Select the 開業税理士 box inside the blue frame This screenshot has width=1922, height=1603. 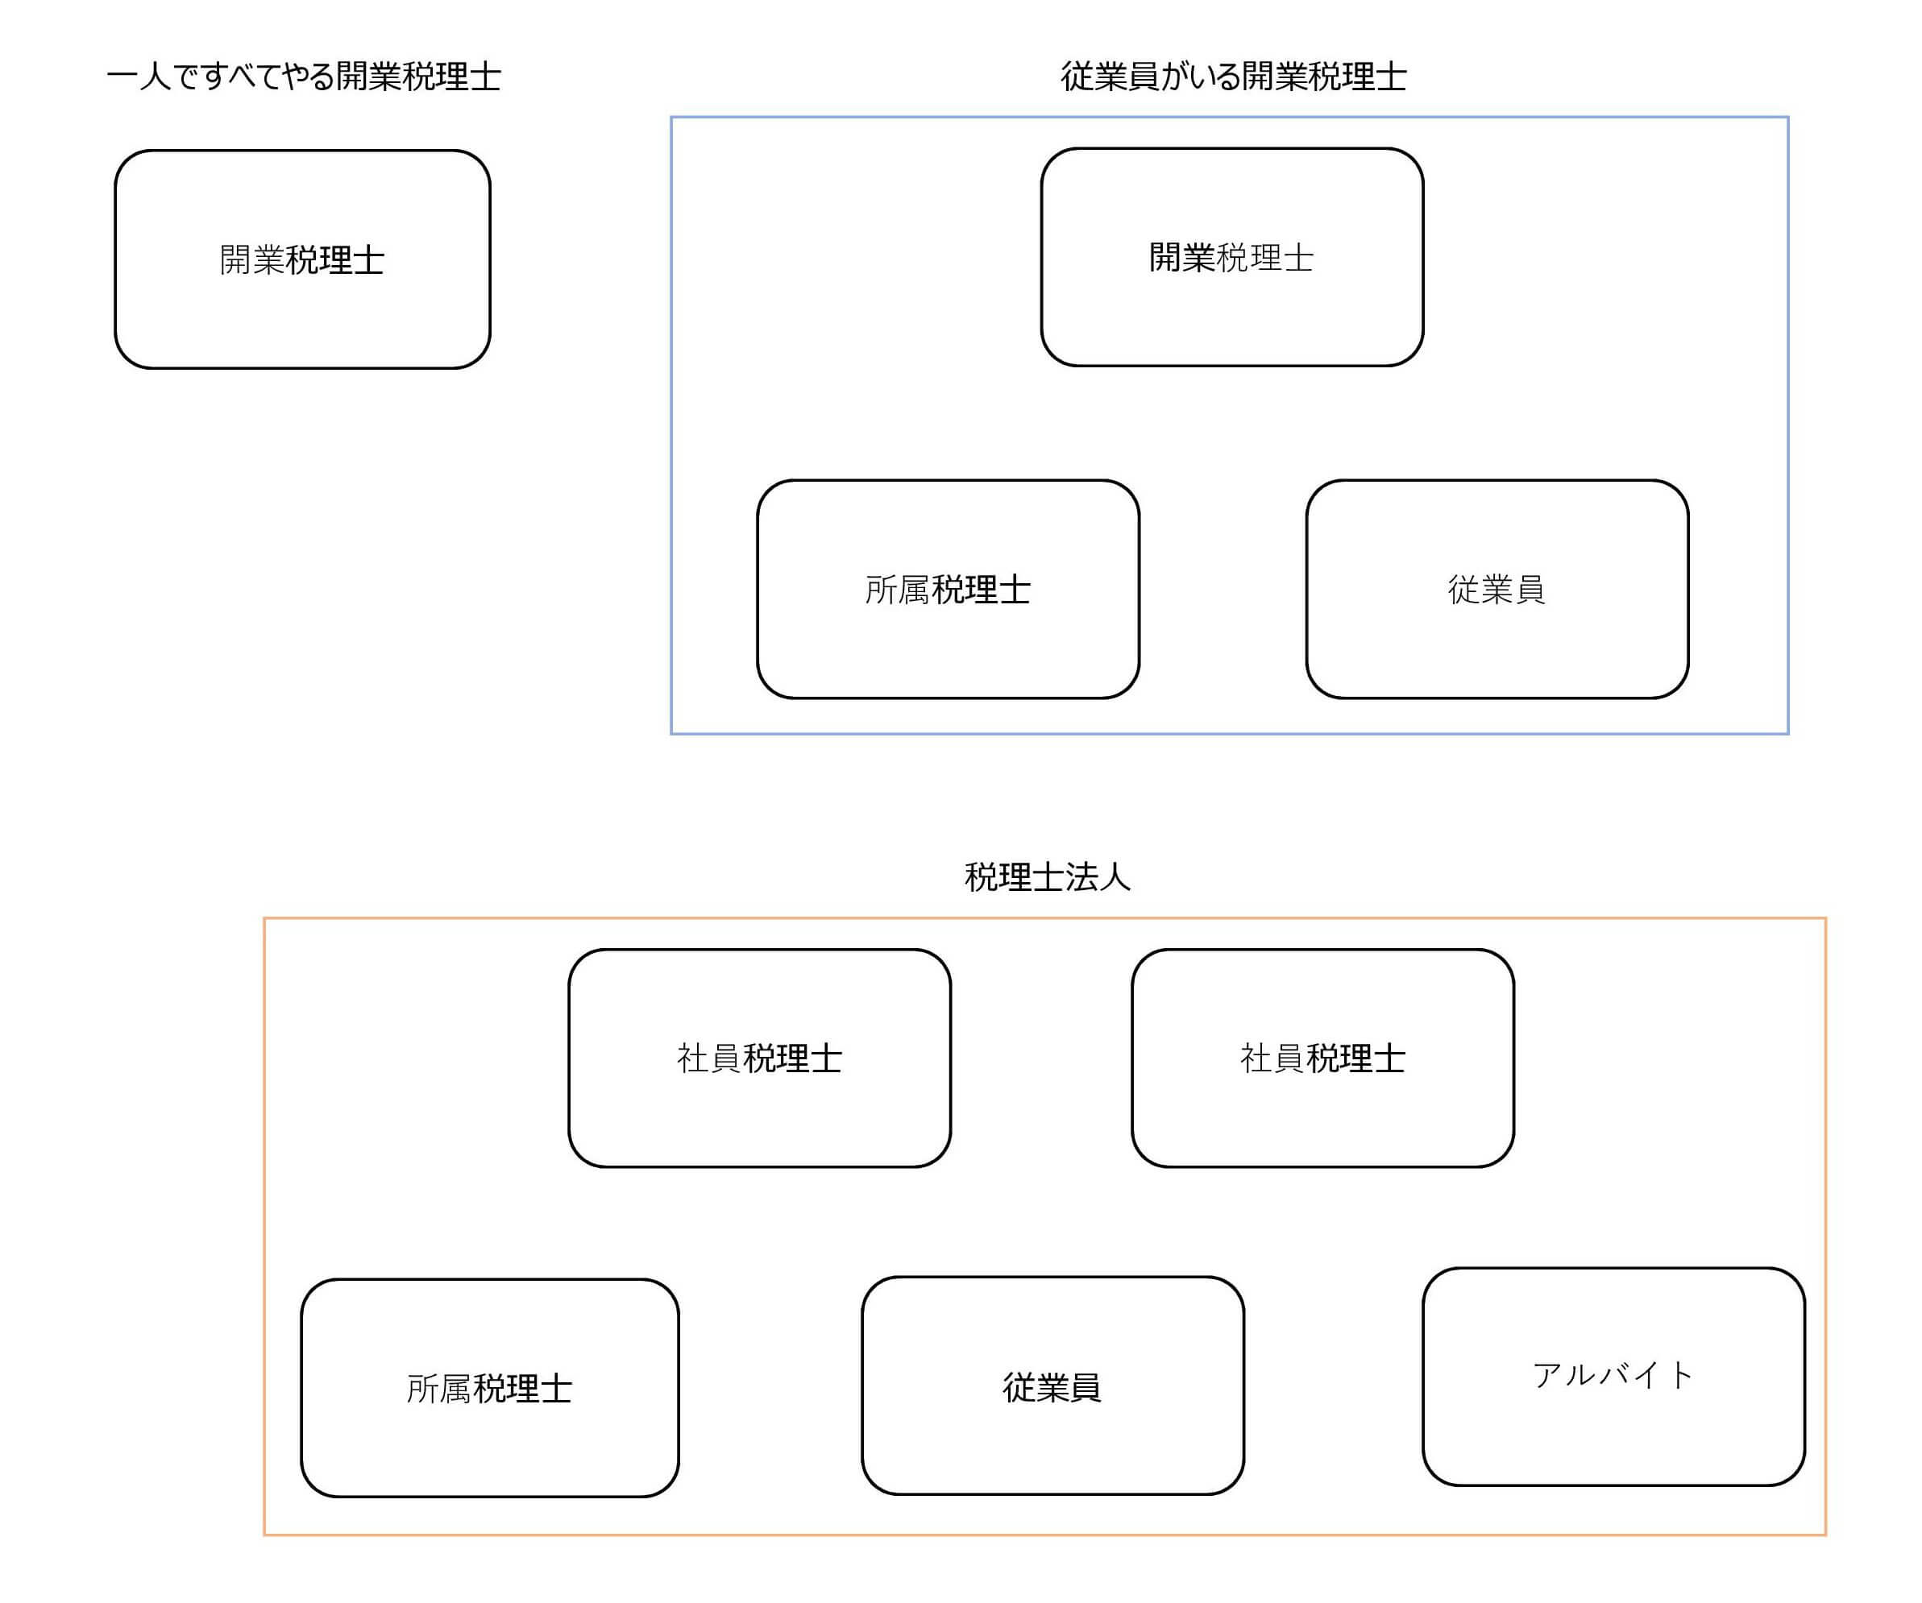point(1232,257)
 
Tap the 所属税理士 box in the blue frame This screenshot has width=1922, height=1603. point(949,589)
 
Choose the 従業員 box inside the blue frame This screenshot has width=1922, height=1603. point(1497,589)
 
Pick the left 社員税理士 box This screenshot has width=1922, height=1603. point(760,1058)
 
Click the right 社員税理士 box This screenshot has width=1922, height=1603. point(1322,1058)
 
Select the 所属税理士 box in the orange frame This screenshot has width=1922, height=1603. point(490,1389)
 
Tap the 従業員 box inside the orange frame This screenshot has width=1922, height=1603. point(1052,1387)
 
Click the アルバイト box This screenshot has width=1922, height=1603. point(1613,1377)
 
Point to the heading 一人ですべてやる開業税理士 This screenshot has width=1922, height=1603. point(304,76)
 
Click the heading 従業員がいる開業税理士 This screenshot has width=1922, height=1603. point(1234,76)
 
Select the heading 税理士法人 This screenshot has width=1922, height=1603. point(1048,876)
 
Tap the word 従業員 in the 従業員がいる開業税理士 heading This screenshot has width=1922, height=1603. point(1110,76)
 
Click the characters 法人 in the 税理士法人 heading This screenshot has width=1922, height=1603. point(1098,876)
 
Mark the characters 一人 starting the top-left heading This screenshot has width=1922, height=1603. point(139,76)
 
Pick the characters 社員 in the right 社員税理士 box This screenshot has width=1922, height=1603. point(1272,1058)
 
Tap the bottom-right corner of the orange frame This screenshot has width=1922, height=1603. point(1825,1535)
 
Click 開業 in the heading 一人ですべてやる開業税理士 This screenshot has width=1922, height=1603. point(369,76)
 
